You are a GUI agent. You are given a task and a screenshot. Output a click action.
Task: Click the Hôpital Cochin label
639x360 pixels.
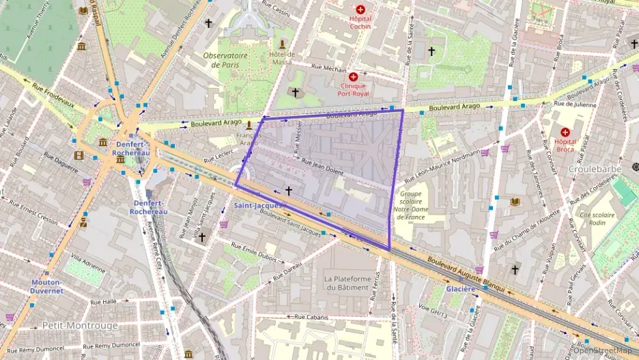[360, 23]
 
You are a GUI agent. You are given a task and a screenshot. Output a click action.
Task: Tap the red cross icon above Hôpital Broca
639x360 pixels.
[565, 132]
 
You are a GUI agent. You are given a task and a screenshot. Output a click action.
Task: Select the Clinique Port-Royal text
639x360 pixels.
[353, 89]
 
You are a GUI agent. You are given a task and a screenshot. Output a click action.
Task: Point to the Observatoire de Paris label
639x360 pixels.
[226, 59]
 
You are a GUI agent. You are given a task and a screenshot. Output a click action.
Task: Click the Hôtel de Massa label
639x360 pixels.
[281, 58]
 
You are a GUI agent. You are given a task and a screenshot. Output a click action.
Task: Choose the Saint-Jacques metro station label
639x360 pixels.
[254, 205]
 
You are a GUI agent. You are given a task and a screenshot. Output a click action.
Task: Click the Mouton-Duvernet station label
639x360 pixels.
[46, 286]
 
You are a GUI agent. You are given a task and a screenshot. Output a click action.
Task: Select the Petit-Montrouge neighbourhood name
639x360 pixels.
[80, 325]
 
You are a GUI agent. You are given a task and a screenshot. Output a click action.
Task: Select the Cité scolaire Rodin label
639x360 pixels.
[597, 219]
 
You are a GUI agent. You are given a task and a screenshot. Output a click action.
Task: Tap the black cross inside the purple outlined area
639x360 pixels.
[289, 191]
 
